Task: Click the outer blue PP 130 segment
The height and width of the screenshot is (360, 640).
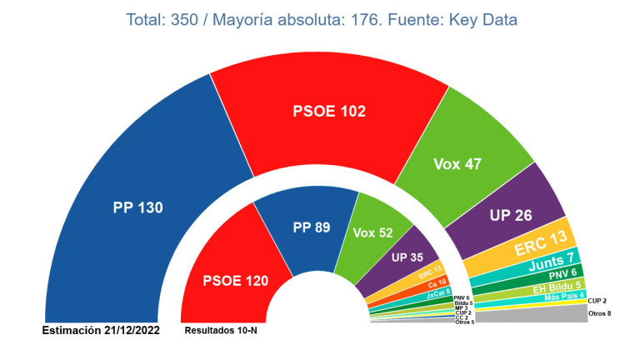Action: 137,208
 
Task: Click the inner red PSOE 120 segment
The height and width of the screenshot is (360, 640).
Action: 236,281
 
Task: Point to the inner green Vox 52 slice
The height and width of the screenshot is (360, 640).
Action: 372,233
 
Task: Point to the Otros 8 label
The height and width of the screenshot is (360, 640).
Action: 600,313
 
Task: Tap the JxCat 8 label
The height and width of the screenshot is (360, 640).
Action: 437,292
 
